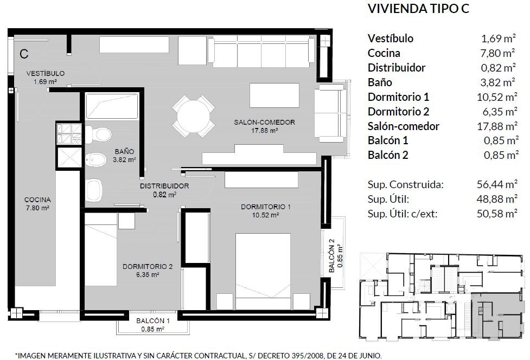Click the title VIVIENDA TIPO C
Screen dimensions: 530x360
click(x=418, y=9)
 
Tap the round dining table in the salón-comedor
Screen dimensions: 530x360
click(x=193, y=117)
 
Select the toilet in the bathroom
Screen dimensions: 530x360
click(x=98, y=134)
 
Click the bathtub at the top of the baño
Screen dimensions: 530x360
click(x=112, y=106)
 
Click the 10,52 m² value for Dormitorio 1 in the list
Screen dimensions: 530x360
click(x=496, y=97)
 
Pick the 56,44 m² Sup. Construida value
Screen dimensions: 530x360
click(x=497, y=184)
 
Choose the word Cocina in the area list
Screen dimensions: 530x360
click(x=384, y=53)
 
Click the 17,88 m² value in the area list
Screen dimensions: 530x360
click(x=497, y=126)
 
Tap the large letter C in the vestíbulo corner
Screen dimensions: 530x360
click(x=24, y=54)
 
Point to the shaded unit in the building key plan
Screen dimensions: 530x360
click(x=497, y=316)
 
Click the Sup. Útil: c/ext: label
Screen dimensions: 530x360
click(x=402, y=214)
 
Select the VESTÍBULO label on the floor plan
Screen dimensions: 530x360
click(x=45, y=73)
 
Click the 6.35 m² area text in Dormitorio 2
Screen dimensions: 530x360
click(x=148, y=275)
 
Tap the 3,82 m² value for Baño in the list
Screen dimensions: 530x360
click(x=498, y=82)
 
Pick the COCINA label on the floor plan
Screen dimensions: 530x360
click(x=37, y=200)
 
